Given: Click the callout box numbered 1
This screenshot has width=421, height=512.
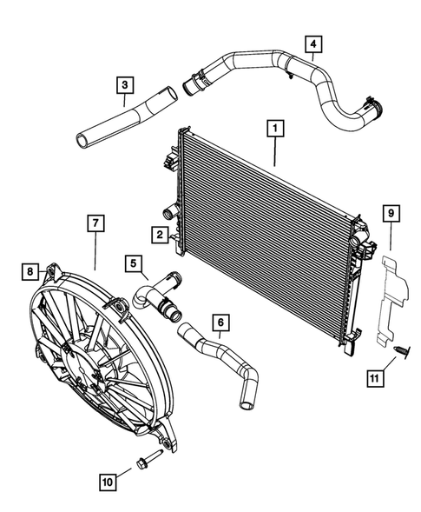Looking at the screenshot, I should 273,130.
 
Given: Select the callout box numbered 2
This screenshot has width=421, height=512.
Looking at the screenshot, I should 160,234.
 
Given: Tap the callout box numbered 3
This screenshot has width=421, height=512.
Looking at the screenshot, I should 126,84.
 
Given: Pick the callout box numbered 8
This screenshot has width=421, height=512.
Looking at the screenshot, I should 30,272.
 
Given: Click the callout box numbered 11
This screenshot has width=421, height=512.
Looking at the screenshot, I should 376,379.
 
